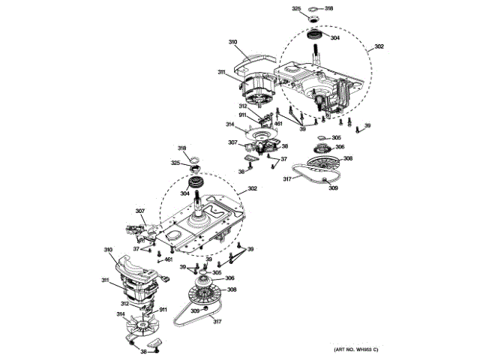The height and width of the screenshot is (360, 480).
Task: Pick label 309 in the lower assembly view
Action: coord(193,310)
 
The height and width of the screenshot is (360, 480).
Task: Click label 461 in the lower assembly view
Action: coord(169,259)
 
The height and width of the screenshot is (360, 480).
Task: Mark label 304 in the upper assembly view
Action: coord(334,37)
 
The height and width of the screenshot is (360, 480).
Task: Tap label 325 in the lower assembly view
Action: coord(175,163)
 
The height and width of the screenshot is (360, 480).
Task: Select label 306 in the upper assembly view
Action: coord(339,147)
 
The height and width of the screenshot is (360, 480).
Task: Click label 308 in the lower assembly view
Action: coord(232,289)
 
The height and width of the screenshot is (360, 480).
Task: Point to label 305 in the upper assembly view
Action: coord(336,137)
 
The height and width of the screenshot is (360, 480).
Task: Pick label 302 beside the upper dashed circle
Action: coord(379,46)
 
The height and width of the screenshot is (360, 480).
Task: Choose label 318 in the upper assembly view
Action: coord(328,8)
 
